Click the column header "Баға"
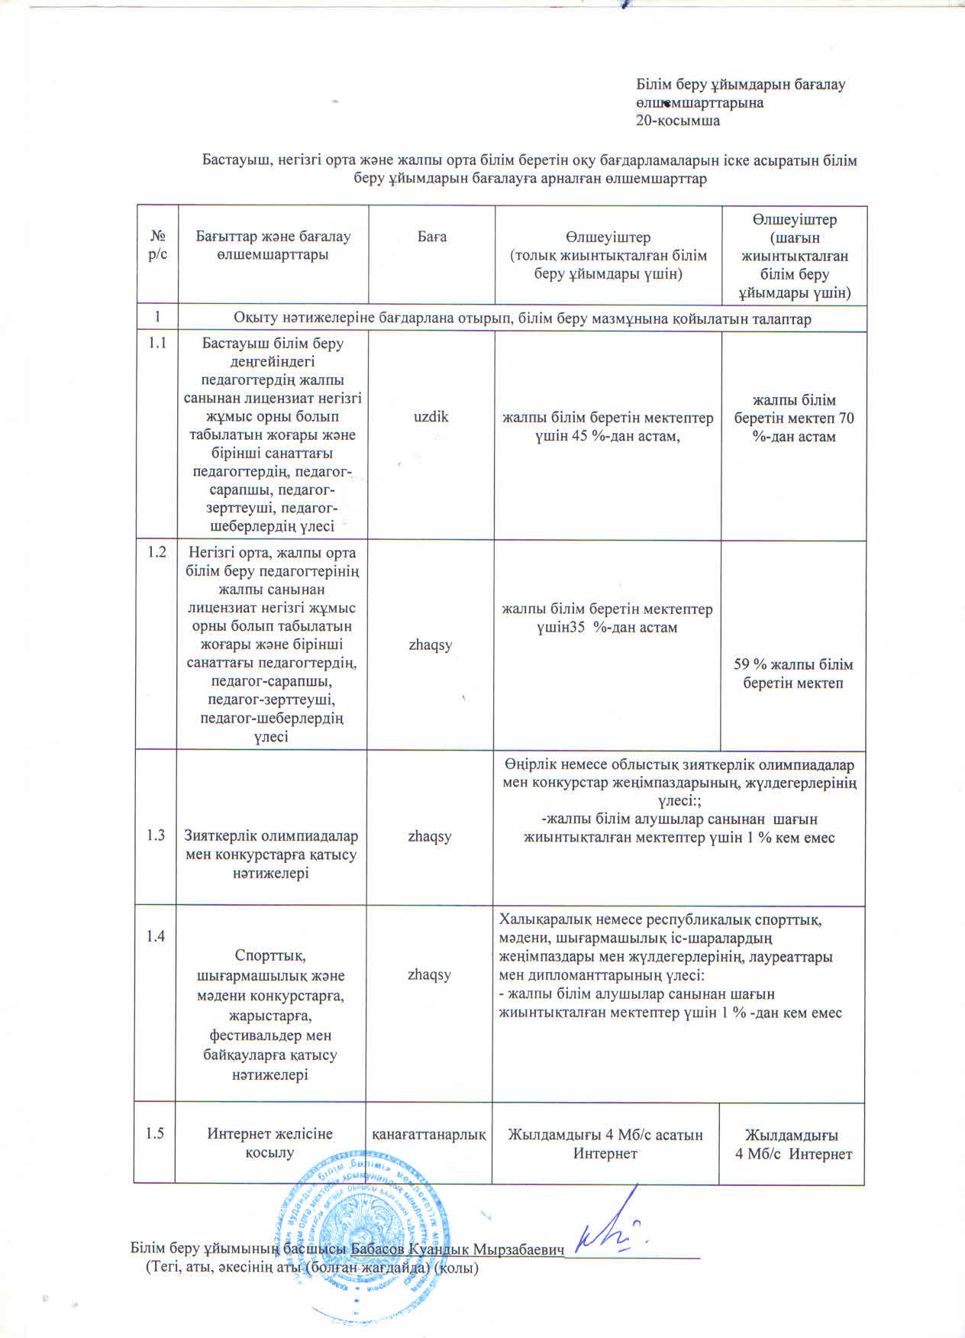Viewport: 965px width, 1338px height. coord(431,237)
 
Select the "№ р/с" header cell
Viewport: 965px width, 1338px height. coord(157,246)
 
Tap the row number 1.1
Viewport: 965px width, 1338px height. coord(157,343)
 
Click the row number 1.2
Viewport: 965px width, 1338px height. coord(157,552)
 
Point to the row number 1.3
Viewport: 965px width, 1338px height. coord(156,835)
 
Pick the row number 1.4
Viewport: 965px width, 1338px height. coord(156,936)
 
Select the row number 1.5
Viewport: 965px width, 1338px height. coord(155,1133)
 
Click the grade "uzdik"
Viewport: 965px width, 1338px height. coord(431,417)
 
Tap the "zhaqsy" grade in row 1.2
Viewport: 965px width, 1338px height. coord(431,645)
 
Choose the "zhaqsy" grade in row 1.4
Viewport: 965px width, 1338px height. coord(429,974)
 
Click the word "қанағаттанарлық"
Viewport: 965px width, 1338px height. coord(429,1135)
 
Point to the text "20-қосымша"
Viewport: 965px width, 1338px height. coord(679,121)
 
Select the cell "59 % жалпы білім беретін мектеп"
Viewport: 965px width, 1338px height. coord(793,674)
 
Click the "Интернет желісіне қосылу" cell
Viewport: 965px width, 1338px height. coord(270,1143)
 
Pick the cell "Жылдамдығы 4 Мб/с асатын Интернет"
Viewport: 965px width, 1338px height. coord(605,1143)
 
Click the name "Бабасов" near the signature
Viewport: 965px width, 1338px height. coord(376,1249)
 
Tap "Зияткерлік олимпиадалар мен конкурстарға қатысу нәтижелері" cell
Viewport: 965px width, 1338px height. coord(271,855)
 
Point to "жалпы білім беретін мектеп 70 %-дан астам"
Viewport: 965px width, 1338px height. coord(794,419)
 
